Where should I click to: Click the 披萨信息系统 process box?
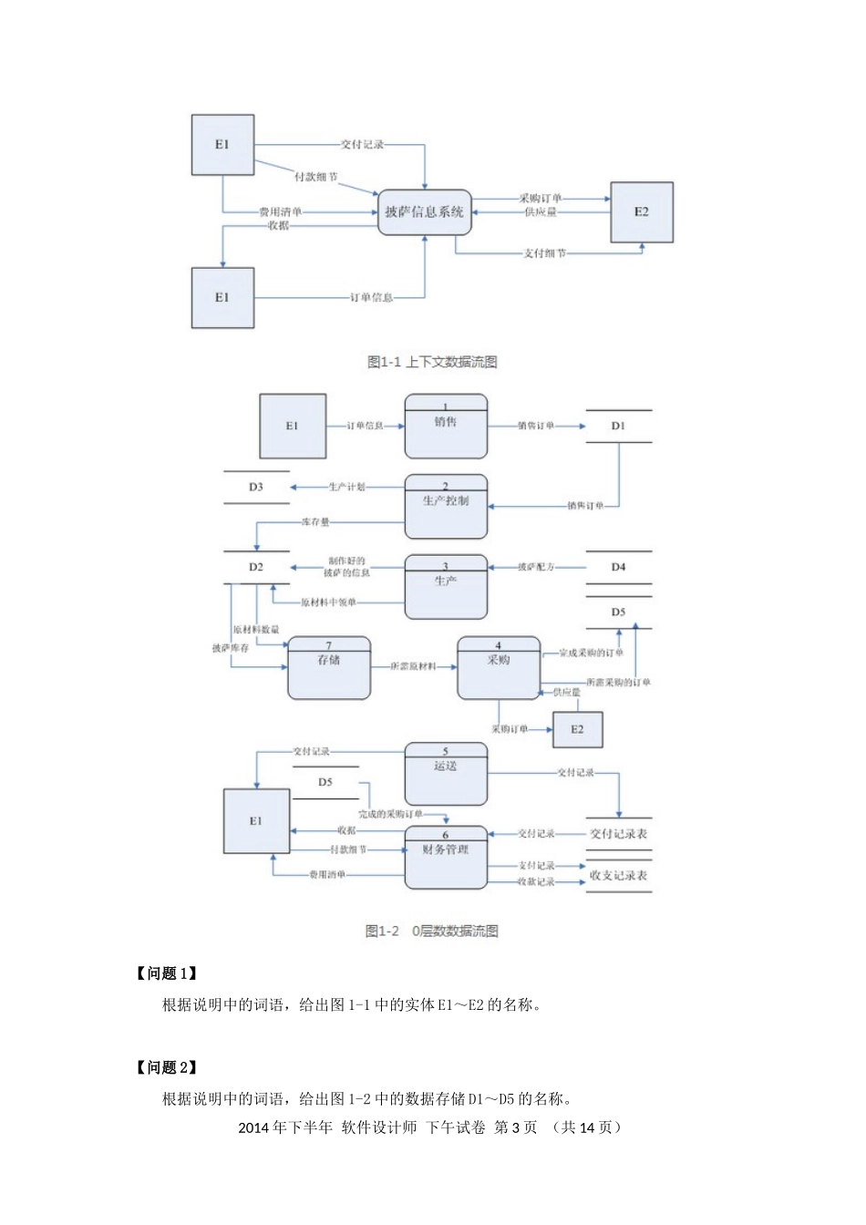point(424,212)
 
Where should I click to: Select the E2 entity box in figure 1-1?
point(642,212)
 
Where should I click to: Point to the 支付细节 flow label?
point(544,253)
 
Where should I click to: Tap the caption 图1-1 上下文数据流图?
point(432,362)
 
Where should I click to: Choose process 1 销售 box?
point(446,427)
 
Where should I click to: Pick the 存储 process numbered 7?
point(329,668)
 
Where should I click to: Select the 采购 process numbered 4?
point(498,668)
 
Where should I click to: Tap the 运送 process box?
point(446,774)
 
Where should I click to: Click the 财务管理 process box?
point(446,857)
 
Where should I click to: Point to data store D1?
point(618,426)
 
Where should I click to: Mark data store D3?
point(256,488)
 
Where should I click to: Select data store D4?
point(618,567)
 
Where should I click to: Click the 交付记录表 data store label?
point(618,833)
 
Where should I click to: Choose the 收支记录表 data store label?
point(618,875)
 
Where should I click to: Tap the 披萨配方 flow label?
point(536,567)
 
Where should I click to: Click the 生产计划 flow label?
point(346,488)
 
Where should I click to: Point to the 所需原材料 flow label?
point(413,666)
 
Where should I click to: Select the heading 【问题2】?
point(167,1067)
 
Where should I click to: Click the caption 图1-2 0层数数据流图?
point(432,931)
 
